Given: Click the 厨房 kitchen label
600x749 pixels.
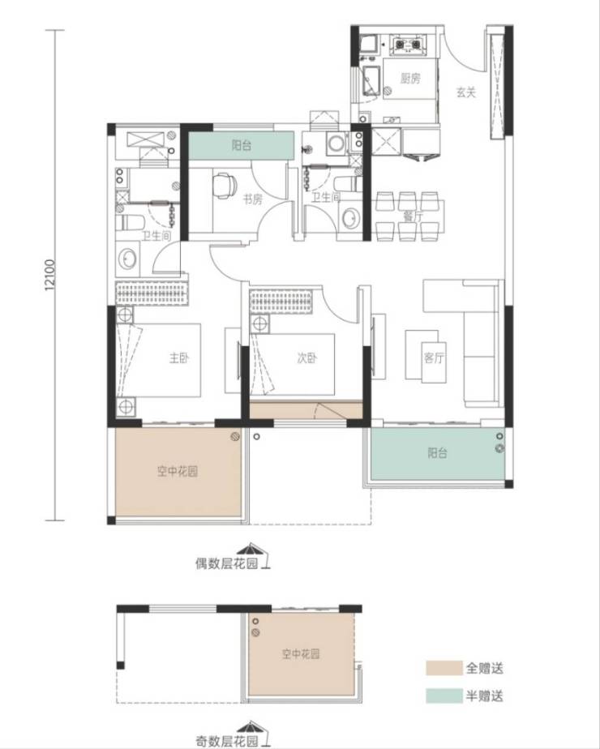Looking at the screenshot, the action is click(x=410, y=79).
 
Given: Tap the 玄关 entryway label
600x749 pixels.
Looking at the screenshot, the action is click(x=465, y=92).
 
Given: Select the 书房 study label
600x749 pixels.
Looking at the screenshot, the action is click(x=253, y=199).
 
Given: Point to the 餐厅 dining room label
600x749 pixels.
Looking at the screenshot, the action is click(x=413, y=216).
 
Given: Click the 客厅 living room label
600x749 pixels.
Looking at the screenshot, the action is click(x=434, y=357).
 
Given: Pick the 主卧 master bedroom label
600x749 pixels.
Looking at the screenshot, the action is click(x=180, y=357).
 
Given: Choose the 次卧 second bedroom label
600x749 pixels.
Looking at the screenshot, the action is click(x=306, y=357).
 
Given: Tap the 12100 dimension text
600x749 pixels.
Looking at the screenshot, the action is click(x=51, y=274).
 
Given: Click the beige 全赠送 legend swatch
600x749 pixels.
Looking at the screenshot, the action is click(x=444, y=668).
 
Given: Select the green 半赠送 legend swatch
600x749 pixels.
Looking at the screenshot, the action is click(x=444, y=695).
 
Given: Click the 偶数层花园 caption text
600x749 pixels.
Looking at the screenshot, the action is click(x=226, y=563).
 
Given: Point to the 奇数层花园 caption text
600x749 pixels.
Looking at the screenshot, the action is click(x=226, y=741).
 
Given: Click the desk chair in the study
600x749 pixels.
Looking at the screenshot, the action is click(x=224, y=186).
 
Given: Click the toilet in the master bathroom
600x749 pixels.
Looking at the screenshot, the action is click(x=131, y=223).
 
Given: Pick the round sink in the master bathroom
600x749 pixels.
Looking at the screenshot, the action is click(x=127, y=259).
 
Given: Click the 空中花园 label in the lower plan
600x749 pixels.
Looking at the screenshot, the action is click(x=301, y=654).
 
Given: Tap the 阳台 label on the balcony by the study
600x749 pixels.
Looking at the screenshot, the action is click(x=242, y=145).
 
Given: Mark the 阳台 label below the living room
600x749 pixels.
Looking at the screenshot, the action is click(x=438, y=452).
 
